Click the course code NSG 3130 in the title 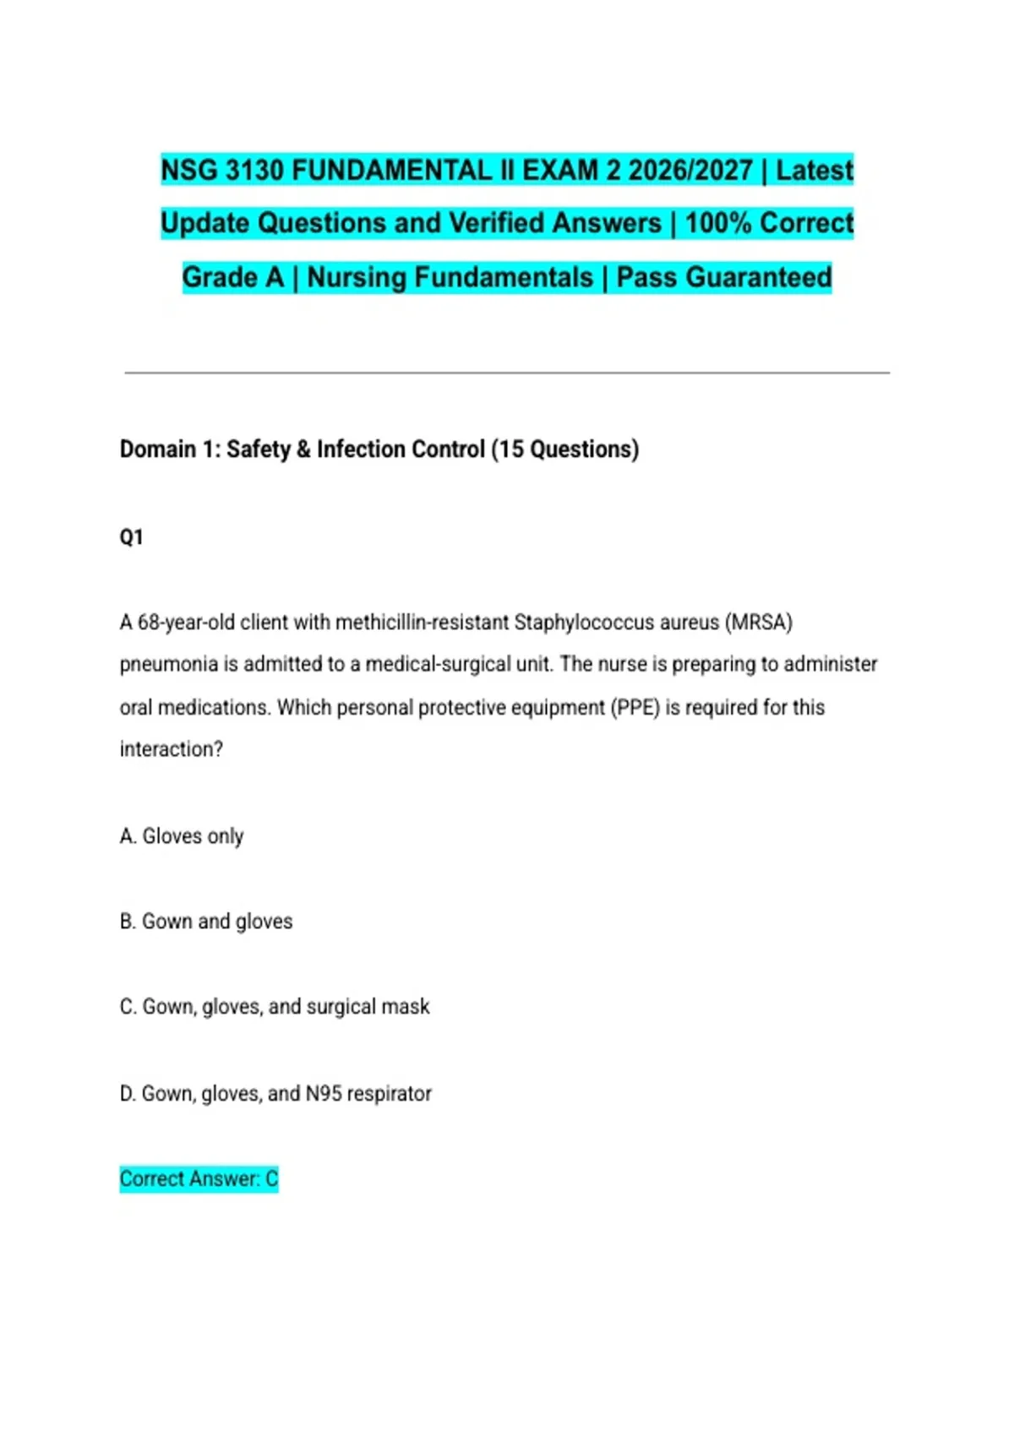point(222,171)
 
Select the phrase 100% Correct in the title point(769,224)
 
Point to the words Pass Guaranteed point(724,278)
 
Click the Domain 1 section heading point(379,449)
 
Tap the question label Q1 point(132,537)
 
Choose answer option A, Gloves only point(182,836)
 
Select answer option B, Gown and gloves point(206,922)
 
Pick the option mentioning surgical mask point(275,1007)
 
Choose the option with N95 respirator point(275,1094)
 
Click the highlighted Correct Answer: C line point(199,1179)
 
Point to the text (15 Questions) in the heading point(564,449)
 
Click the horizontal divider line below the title point(507,373)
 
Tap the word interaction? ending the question point(171,750)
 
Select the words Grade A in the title point(233,278)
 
